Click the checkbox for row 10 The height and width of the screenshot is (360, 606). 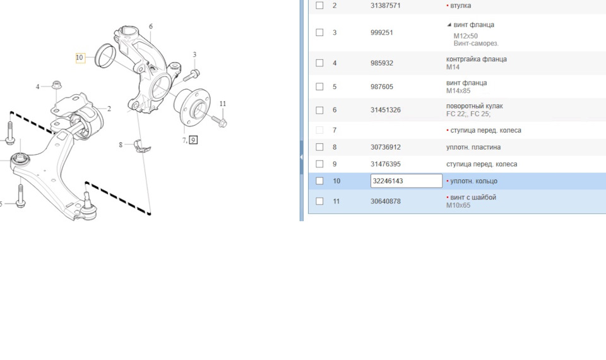click(x=319, y=181)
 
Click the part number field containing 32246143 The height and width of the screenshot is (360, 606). click(x=406, y=181)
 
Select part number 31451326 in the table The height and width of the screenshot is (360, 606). click(x=385, y=110)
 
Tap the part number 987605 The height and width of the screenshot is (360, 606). click(x=381, y=87)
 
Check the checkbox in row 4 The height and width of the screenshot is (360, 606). click(x=319, y=63)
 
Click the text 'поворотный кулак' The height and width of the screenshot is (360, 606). click(x=474, y=106)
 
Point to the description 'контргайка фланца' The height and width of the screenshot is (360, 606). click(x=476, y=59)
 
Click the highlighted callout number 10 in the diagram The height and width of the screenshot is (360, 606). click(x=80, y=57)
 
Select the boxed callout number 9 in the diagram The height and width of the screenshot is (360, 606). click(x=193, y=140)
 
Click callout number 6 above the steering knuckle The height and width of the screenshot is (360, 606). click(x=151, y=27)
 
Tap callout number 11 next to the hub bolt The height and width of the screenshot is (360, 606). click(x=223, y=104)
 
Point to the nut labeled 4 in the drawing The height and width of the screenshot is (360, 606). click(x=57, y=85)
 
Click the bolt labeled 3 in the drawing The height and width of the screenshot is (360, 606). click(x=191, y=75)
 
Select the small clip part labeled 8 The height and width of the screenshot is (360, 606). click(x=142, y=145)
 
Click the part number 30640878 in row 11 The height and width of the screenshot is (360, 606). click(x=385, y=201)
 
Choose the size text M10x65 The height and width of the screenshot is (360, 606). click(x=458, y=205)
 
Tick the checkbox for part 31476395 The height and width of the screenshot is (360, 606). click(x=319, y=164)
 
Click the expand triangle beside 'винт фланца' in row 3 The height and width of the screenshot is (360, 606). click(x=449, y=25)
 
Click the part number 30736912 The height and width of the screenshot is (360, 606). click(x=385, y=147)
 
